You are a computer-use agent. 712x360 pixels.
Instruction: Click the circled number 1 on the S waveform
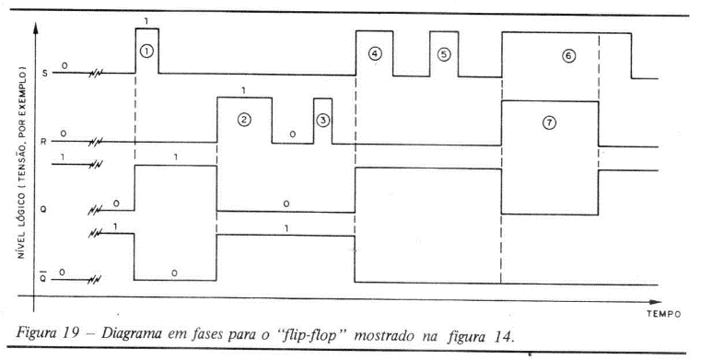tap(146, 52)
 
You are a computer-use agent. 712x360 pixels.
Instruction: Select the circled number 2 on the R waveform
tap(244, 120)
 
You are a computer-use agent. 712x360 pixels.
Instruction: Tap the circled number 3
tap(322, 121)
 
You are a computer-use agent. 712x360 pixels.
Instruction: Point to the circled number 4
tap(375, 53)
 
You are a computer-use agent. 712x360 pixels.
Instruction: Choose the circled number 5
tap(444, 54)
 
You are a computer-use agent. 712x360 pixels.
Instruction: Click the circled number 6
tap(568, 56)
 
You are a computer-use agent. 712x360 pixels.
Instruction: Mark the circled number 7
tap(550, 123)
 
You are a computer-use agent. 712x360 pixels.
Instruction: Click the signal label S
tap(44, 73)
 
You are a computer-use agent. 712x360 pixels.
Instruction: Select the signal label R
tap(44, 141)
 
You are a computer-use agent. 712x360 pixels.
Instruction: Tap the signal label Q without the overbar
tap(44, 210)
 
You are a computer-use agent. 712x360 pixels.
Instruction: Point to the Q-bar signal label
tap(43, 278)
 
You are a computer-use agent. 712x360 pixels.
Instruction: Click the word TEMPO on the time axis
tap(664, 314)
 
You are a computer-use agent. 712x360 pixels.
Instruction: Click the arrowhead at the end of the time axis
tap(656, 302)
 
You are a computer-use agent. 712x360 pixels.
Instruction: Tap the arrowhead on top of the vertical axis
tap(35, 27)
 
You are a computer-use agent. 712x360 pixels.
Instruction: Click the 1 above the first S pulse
tap(145, 21)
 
